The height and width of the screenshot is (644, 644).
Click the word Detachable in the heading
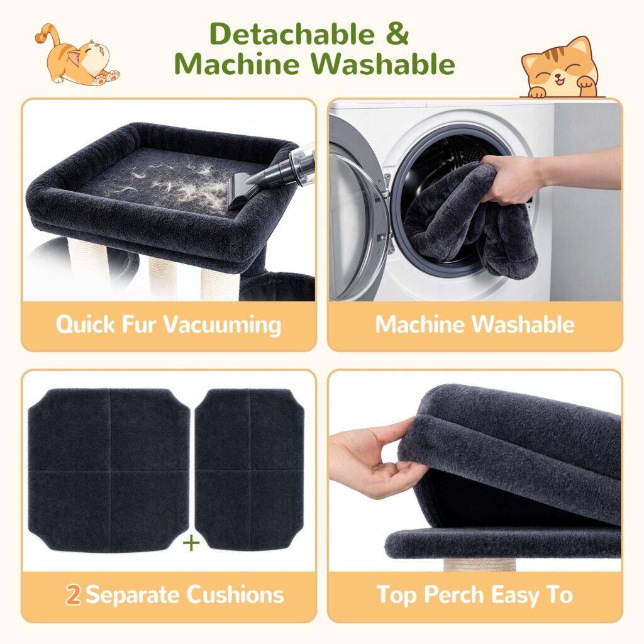coord(292,34)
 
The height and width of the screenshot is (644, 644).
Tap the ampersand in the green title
coord(397,34)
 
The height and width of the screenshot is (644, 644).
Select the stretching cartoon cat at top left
coord(76,55)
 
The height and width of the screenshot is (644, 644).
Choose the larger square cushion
coord(109,470)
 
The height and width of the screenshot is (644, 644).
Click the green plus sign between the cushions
coord(191,543)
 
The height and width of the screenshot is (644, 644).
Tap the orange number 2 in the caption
coord(74,595)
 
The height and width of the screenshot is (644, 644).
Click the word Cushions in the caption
coord(235,595)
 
